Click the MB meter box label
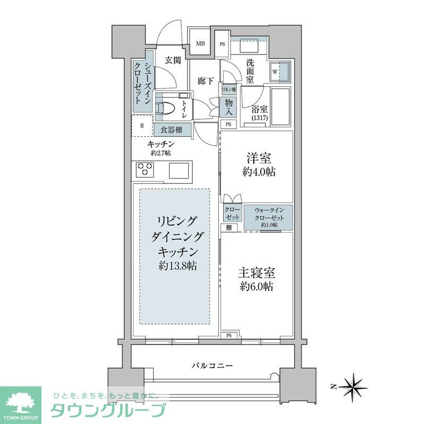pos(202,44)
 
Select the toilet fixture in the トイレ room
pos(166,107)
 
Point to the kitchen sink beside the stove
pos(179,170)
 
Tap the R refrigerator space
pos(142,126)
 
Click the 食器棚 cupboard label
pos(172,128)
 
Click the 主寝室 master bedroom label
pos(256,279)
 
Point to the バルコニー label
pos(211,366)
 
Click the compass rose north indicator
pos(351,386)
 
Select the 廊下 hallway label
pos(205,81)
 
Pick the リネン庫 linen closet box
pos(229,90)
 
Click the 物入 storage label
pos(229,107)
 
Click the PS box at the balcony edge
pos(229,335)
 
